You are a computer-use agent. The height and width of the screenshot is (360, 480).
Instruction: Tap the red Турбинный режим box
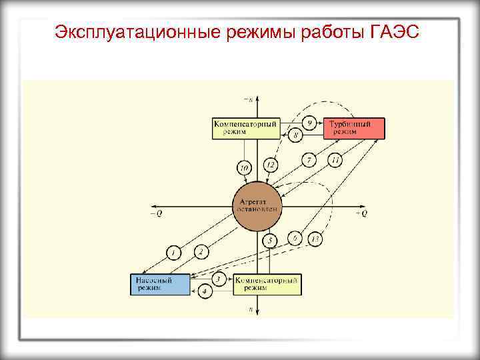pyautogui.click(x=354, y=128)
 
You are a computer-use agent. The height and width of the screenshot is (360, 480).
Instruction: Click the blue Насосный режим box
pyautogui.click(x=160, y=284)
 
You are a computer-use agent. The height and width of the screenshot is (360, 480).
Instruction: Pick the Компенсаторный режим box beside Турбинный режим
pyautogui.click(x=246, y=128)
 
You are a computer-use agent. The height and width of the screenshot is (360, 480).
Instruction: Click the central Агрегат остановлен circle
pyautogui.click(x=258, y=205)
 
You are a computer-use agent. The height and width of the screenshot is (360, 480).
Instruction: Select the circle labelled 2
pyautogui.click(x=200, y=251)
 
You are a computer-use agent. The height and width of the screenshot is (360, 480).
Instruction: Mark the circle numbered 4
pyautogui.click(x=206, y=291)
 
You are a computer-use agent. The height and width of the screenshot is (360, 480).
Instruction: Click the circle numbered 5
pyautogui.click(x=270, y=240)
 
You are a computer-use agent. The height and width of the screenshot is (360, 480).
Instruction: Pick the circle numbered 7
pyautogui.click(x=309, y=160)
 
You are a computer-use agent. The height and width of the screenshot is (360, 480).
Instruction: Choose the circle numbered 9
pyautogui.click(x=309, y=123)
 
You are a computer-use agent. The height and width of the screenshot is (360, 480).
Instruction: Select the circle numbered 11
pyautogui.click(x=335, y=160)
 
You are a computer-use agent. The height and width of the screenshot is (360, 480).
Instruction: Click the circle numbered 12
pyautogui.click(x=270, y=164)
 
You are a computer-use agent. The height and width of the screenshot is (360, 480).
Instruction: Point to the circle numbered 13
pyautogui.click(x=315, y=239)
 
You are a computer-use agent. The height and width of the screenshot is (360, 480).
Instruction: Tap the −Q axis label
pyautogui.click(x=157, y=213)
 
